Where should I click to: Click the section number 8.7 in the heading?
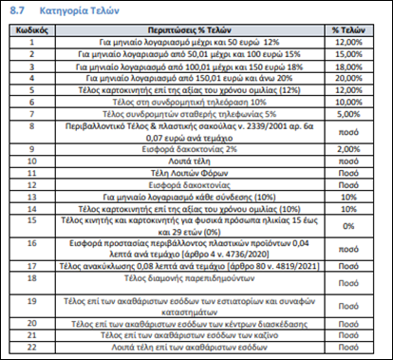(19, 13)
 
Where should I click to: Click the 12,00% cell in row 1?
(348, 43)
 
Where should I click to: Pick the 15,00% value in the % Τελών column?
(348, 55)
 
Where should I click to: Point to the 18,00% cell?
(348, 67)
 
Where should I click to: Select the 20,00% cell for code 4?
(348, 79)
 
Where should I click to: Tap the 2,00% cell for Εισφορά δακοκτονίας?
(348, 149)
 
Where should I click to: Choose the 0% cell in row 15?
(348, 226)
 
